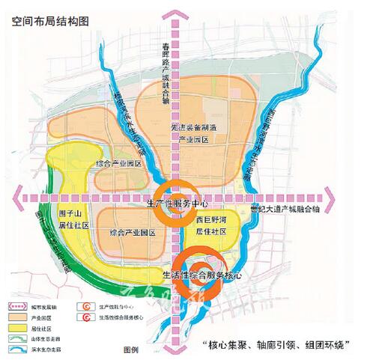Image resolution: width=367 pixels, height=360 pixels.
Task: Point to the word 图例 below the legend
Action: pyautogui.click(x=132, y=350)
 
